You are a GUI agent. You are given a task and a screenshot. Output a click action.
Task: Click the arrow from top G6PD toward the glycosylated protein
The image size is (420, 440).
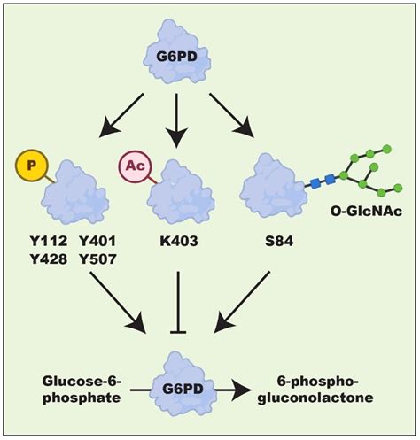click(x=232, y=115)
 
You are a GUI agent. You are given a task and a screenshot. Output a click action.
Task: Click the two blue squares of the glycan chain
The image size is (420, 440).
click(x=322, y=181)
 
